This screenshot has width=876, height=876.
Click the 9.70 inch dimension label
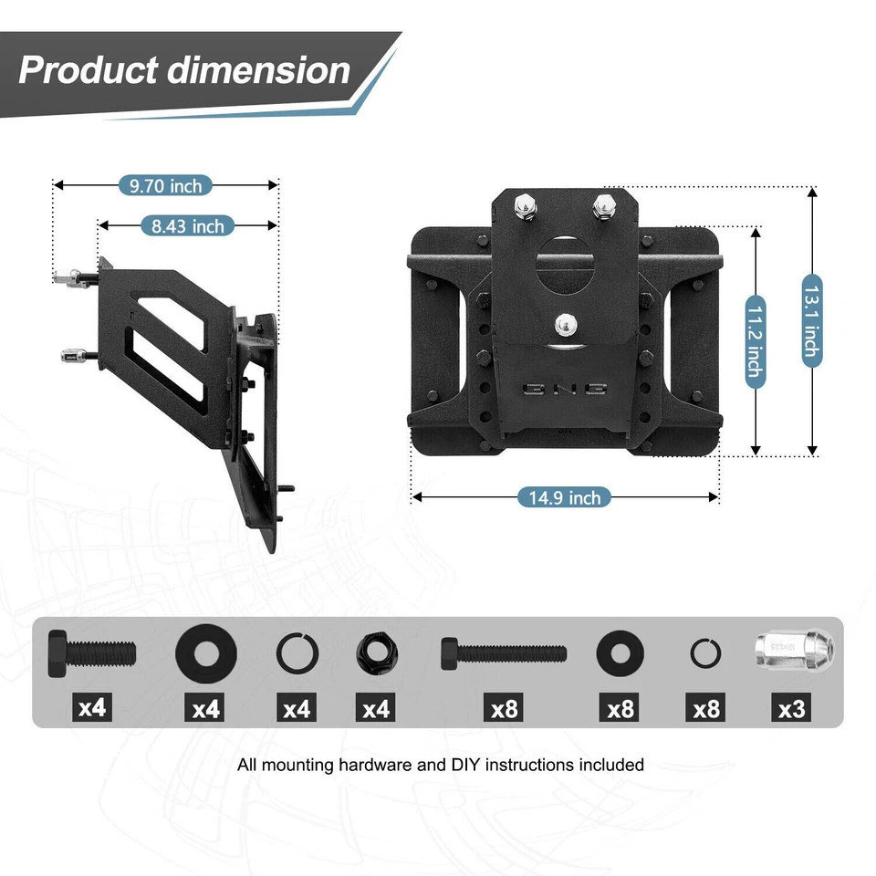[x=165, y=186]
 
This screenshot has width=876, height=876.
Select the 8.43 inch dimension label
[x=188, y=225]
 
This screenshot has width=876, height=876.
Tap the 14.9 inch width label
[x=565, y=497]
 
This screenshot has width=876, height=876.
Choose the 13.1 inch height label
[x=811, y=321]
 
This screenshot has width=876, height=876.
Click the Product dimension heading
[x=184, y=70]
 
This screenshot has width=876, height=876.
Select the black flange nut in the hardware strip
[x=376, y=653]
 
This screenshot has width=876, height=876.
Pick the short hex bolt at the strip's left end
[x=91, y=652]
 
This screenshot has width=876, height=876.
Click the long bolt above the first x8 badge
[x=503, y=652]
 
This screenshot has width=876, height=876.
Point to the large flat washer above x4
[x=206, y=652]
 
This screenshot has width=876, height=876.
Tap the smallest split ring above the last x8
[x=705, y=652]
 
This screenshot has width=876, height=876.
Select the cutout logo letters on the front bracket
[x=565, y=390]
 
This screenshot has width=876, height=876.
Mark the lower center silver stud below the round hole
[x=565, y=324]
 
